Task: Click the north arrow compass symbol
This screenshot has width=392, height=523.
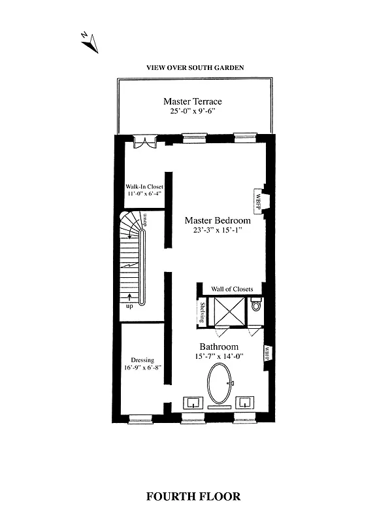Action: [x=90, y=42]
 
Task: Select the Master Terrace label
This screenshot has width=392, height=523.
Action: [x=192, y=101]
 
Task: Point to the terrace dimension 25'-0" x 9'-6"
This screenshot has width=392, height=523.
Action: [x=192, y=112]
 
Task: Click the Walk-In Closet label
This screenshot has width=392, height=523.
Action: [x=144, y=186]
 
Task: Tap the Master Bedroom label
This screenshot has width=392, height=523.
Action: [x=217, y=220]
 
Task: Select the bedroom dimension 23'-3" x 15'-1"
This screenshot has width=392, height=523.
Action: [x=217, y=231]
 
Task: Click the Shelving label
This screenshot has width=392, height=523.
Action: [x=202, y=312]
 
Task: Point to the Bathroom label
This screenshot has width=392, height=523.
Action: [x=219, y=346]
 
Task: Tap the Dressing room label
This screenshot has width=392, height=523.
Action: [x=142, y=360]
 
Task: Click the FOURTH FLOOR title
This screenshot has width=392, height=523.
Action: [x=193, y=496]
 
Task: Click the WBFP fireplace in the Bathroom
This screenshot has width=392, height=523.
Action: [x=267, y=354]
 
